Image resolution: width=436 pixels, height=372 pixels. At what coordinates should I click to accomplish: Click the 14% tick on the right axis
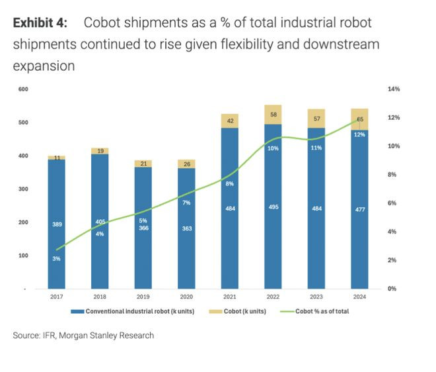(394, 89)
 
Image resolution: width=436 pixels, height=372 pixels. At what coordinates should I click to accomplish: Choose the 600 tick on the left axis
(23, 89)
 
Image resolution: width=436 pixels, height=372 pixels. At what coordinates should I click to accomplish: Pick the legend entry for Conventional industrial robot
(136, 311)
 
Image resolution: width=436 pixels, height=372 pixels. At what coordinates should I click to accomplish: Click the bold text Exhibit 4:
(40, 23)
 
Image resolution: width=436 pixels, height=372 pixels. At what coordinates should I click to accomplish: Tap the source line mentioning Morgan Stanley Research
(83, 336)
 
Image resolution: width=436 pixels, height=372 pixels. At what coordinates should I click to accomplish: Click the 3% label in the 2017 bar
(56, 258)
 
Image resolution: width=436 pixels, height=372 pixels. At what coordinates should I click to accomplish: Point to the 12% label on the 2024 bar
(359, 134)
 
